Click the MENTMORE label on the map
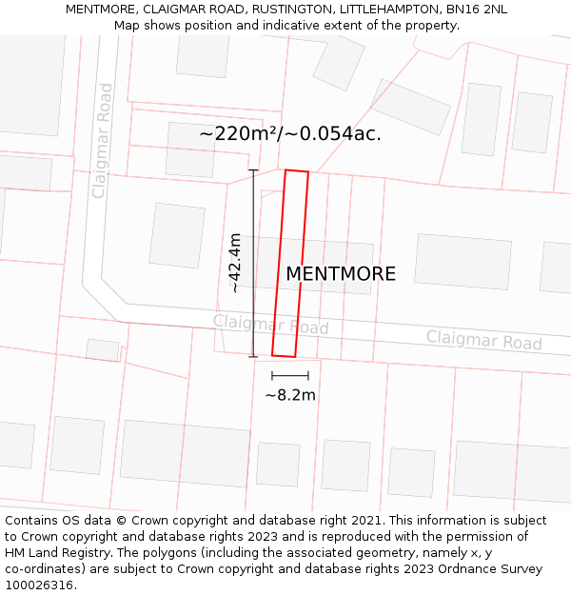(x=341, y=274)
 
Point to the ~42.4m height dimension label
(x=235, y=263)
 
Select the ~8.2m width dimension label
(x=290, y=395)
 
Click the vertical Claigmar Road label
(x=102, y=141)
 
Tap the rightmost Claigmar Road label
(x=483, y=340)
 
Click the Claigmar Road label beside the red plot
(x=270, y=325)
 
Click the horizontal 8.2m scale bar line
(x=290, y=376)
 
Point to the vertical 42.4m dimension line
(x=253, y=264)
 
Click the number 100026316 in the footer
(x=40, y=585)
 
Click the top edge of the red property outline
(x=297, y=172)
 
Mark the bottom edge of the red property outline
(x=284, y=356)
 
